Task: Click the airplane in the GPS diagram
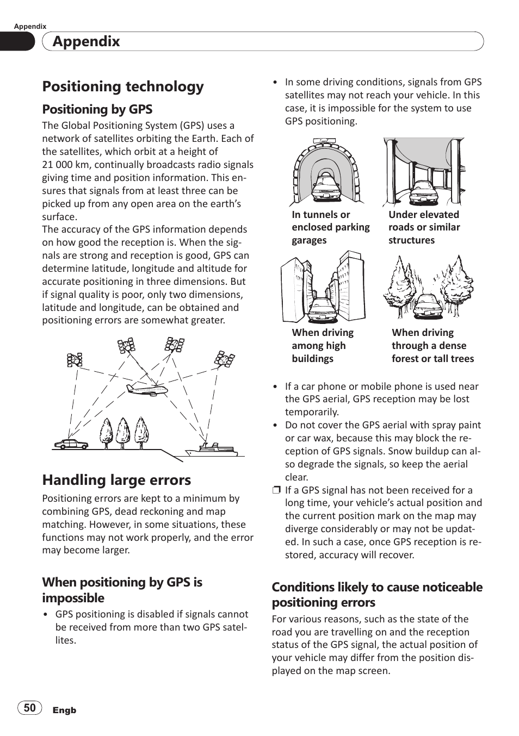click(x=146, y=389)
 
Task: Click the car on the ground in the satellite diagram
click(x=71, y=444)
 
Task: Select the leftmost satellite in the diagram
click(x=75, y=359)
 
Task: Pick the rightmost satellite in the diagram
click(x=224, y=359)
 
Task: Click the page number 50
click(x=30, y=707)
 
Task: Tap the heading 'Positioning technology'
click(x=123, y=86)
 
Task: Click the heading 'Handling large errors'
click(x=116, y=480)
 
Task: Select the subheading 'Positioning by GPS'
click(x=97, y=109)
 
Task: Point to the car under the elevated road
click(x=424, y=191)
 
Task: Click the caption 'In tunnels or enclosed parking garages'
click(x=330, y=227)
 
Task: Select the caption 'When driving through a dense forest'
click(x=432, y=346)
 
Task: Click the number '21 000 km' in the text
click(x=68, y=165)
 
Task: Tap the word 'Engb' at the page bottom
click(x=64, y=710)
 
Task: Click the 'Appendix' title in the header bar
click(x=86, y=41)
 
